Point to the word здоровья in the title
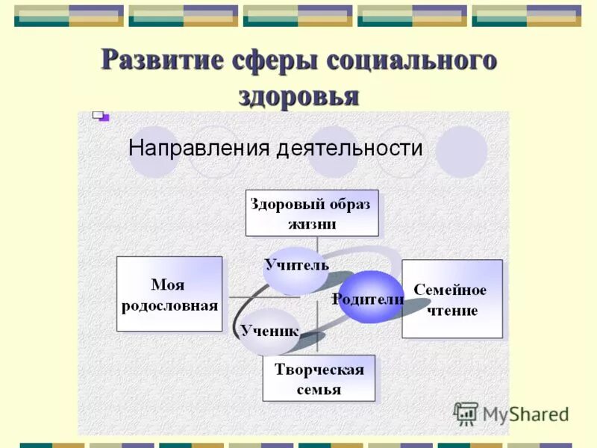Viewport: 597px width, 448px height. [298, 96]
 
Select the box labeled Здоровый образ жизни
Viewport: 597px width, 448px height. [312, 213]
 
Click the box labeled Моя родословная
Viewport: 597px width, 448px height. [169, 294]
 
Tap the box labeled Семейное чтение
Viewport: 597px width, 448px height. [452, 299]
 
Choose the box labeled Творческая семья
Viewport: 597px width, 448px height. [319, 379]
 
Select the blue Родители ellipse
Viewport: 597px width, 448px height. [371, 297]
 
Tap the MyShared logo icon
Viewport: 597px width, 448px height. [466, 413]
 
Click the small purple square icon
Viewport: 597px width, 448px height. [100, 116]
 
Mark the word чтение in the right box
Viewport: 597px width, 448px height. [452, 310]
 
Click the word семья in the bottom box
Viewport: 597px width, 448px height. [319, 389]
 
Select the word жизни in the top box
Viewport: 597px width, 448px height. [312, 223]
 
